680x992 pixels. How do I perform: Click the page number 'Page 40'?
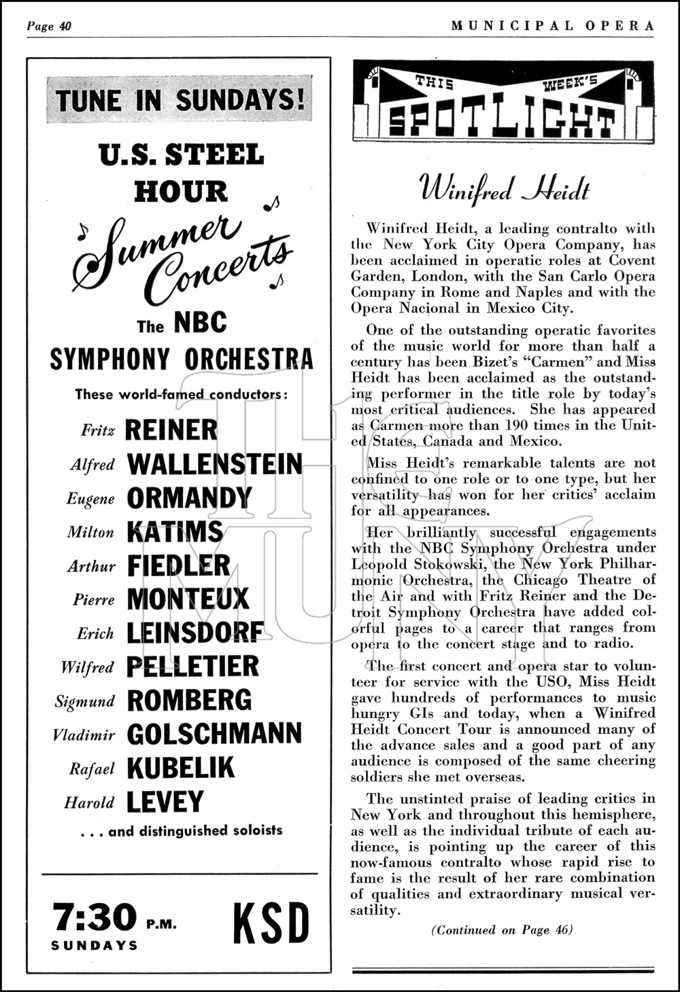tap(49, 26)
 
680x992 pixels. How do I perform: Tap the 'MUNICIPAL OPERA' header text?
tap(553, 26)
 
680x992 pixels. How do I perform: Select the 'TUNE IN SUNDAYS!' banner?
tap(180, 100)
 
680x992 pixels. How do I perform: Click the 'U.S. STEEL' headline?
tap(181, 155)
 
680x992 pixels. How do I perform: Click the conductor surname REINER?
tap(171, 430)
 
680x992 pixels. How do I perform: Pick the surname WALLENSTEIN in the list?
tap(215, 464)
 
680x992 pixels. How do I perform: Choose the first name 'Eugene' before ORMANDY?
tap(90, 499)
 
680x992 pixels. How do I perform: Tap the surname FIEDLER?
tap(179, 566)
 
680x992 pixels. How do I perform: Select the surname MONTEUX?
tap(188, 599)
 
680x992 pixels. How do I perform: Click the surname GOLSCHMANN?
tap(214, 734)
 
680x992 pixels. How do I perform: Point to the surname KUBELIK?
tap(180, 768)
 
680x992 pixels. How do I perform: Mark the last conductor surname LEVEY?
tap(165, 802)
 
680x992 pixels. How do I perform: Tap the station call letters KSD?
tap(271, 923)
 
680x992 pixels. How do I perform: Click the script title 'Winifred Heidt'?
tap(504, 188)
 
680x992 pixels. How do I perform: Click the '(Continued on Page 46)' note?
tap(503, 930)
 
